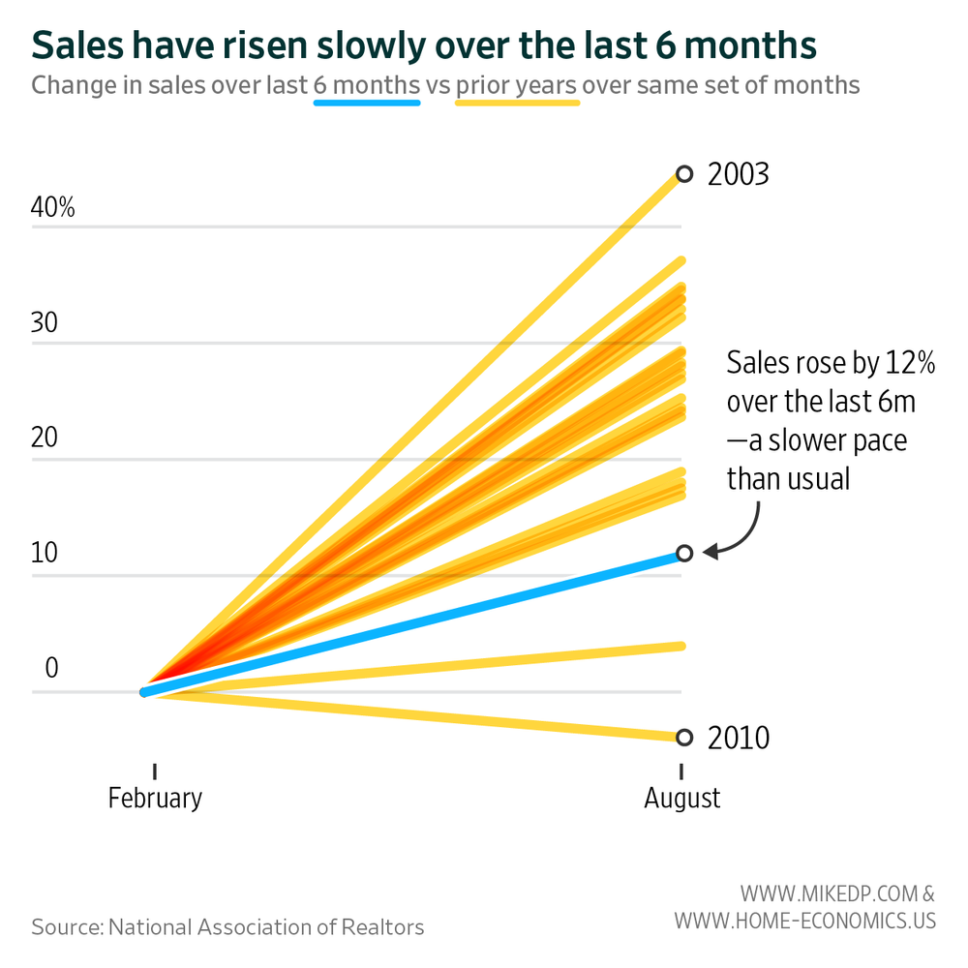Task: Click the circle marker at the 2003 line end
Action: pyautogui.click(x=684, y=174)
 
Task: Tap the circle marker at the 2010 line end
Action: pyautogui.click(x=684, y=738)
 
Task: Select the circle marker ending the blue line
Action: pyautogui.click(x=684, y=553)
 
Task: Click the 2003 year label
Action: pyautogui.click(x=738, y=175)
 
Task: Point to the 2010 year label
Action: pyautogui.click(x=739, y=739)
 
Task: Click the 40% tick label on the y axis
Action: pyautogui.click(x=53, y=207)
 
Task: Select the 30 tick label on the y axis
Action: pyautogui.click(x=45, y=323)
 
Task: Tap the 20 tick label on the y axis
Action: pyautogui.click(x=45, y=439)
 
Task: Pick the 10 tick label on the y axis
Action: pyautogui.click(x=45, y=555)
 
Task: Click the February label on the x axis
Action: pyautogui.click(x=155, y=799)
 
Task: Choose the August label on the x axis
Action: pyautogui.click(x=682, y=799)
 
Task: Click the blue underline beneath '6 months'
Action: pyautogui.click(x=367, y=102)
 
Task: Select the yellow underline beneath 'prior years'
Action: pyautogui.click(x=517, y=102)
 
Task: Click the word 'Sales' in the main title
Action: pyautogui.click(x=75, y=45)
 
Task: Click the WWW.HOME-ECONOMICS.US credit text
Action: pyautogui.click(x=805, y=920)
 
